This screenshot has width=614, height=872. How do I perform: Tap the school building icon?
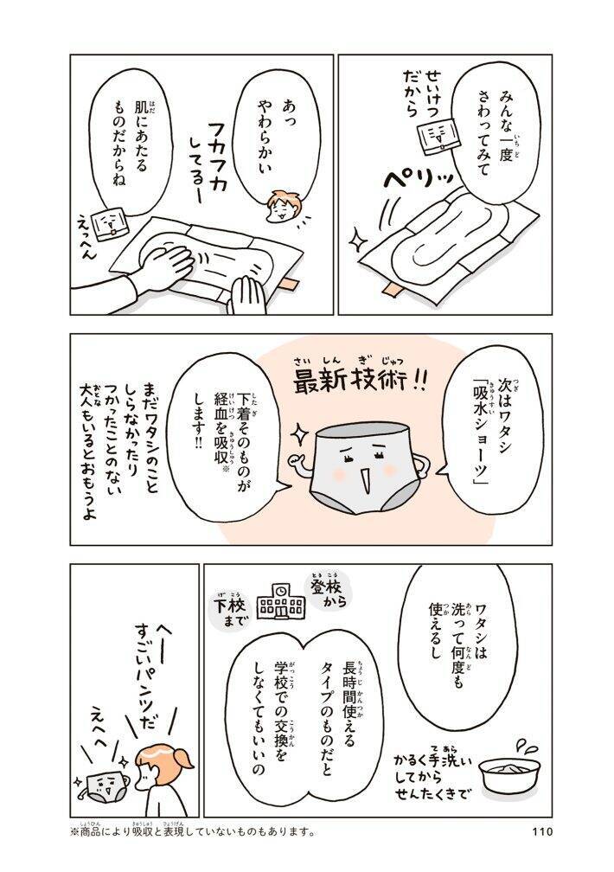281,602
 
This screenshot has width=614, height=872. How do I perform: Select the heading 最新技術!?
357,381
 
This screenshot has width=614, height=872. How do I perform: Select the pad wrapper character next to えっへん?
109,226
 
